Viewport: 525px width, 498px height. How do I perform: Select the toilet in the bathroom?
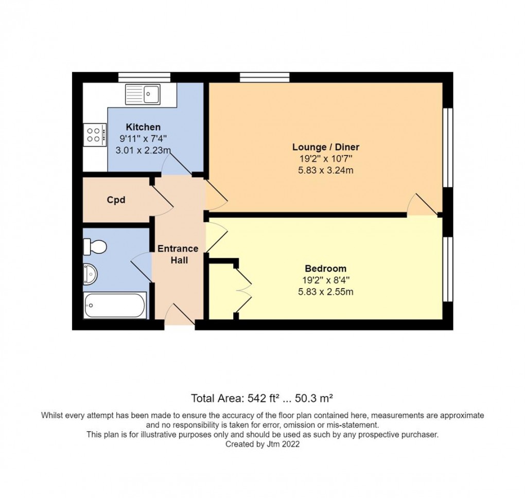[x=95, y=247]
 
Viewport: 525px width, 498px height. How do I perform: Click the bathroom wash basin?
[x=90, y=274]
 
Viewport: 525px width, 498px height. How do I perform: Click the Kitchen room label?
[x=143, y=127]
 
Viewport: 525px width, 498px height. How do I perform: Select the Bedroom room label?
[x=325, y=269]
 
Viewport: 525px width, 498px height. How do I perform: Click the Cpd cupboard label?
[x=116, y=200]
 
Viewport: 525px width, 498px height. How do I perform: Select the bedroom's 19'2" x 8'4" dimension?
[x=325, y=280]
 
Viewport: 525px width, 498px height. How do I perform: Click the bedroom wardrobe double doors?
[x=243, y=290]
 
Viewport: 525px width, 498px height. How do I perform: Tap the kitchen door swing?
[x=177, y=165]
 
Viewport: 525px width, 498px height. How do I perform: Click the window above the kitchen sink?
[x=144, y=77]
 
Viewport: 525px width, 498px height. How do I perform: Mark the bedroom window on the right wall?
[x=448, y=269]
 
